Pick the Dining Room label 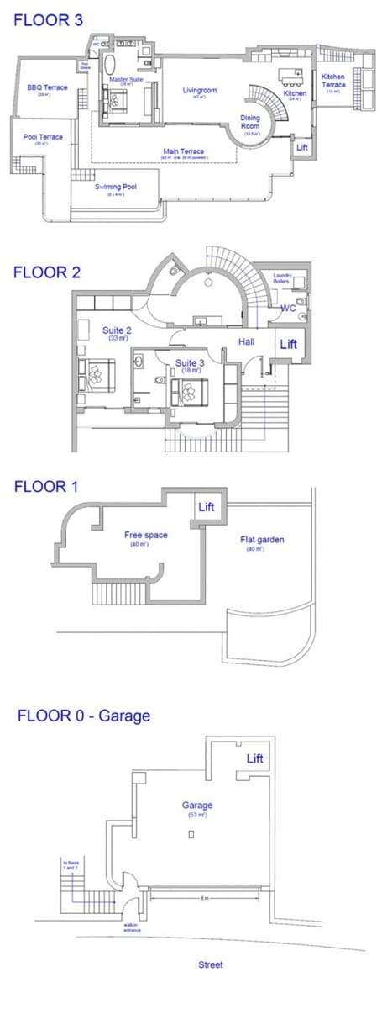tap(250, 124)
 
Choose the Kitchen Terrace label tap(334, 82)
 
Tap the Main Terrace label tap(183, 151)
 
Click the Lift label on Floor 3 tap(302, 146)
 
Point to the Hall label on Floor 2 tap(246, 342)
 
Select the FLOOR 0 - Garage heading tap(84, 716)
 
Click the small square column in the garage tap(192, 833)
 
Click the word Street tap(210, 965)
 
